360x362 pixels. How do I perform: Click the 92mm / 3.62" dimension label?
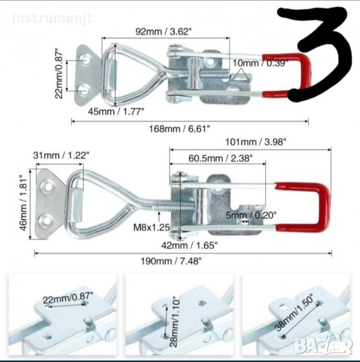tap(163, 31)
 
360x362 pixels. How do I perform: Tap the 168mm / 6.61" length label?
tap(180, 129)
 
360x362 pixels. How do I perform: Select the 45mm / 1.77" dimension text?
tap(116, 111)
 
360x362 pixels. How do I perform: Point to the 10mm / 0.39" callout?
tap(261, 63)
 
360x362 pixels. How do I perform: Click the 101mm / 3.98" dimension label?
tap(256, 142)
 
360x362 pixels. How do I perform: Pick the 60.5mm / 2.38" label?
tap(220, 158)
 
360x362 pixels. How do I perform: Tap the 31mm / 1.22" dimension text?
tap(61, 156)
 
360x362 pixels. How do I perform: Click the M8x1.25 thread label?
tap(151, 227)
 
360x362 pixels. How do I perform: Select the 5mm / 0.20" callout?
tap(251, 215)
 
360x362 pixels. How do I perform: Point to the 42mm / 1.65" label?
tap(189, 245)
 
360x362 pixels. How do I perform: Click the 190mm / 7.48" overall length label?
tap(171, 261)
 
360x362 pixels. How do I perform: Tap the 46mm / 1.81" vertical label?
tap(24, 203)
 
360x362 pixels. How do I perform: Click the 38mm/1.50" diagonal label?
tap(295, 312)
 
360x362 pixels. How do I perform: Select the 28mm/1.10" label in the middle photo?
tap(174, 322)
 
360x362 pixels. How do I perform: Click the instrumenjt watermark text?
tap(52, 18)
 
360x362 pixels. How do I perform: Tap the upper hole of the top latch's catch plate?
tap(86, 60)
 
